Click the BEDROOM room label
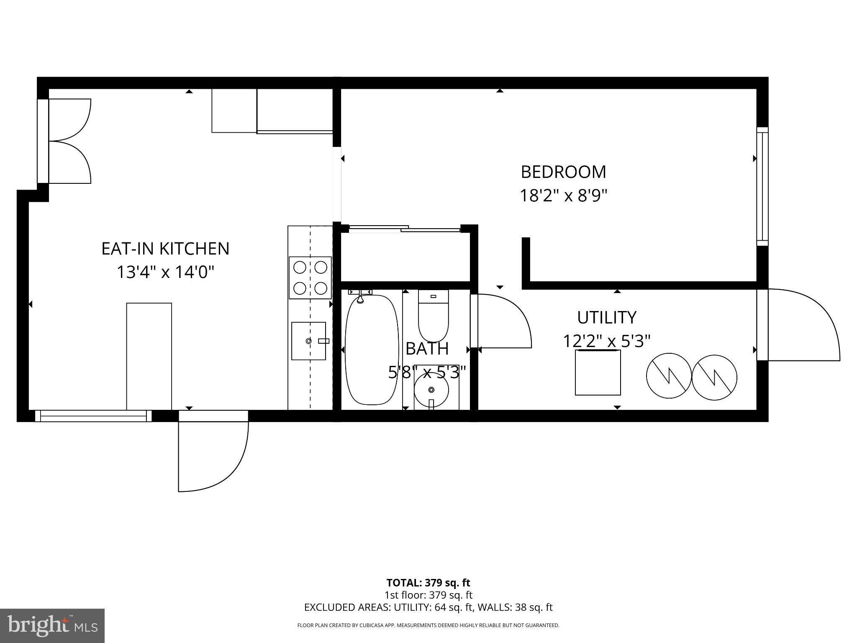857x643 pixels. pyautogui.click(x=563, y=172)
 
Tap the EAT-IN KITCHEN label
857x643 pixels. pyautogui.click(x=165, y=249)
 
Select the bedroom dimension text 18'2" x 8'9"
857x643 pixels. pyautogui.click(x=563, y=195)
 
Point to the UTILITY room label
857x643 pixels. pyautogui.click(x=607, y=318)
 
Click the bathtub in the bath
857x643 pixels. pyautogui.click(x=372, y=350)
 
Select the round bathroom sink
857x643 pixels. pyautogui.click(x=431, y=390)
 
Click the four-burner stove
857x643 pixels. pyautogui.click(x=310, y=278)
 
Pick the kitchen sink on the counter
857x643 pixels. pyautogui.click(x=309, y=341)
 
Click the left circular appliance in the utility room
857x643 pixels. pyautogui.click(x=668, y=376)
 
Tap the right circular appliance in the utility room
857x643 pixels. pyautogui.click(x=714, y=377)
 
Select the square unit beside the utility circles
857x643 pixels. pyautogui.click(x=598, y=373)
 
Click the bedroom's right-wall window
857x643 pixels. pyautogui.click(x=762, y=186)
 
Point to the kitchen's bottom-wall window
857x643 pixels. pyautogui.click(x=93, y=416)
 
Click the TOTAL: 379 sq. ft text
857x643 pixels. pyautogui.click(x=428, y=583)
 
